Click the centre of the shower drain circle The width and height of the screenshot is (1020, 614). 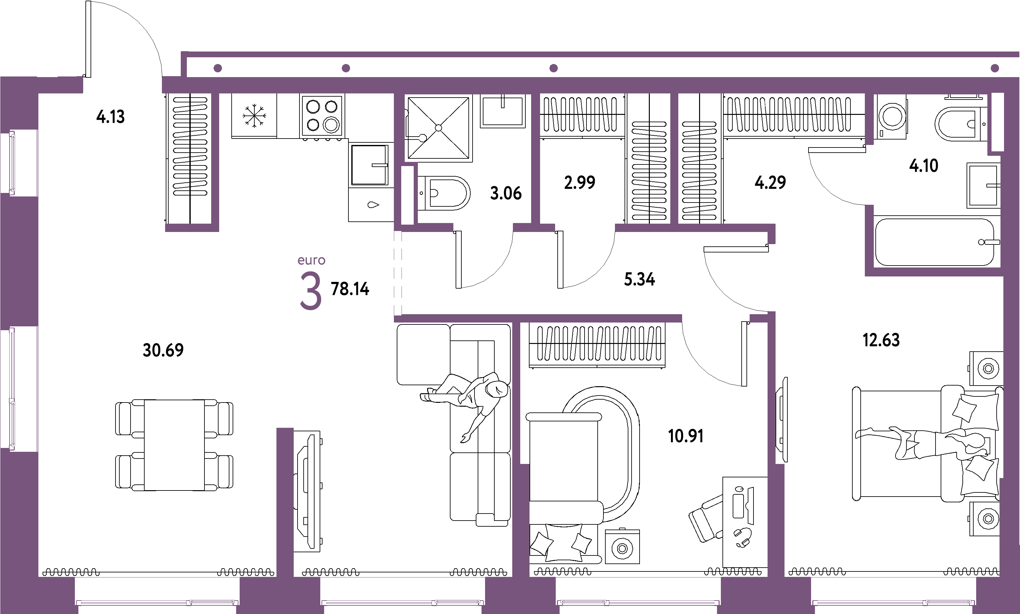pyautogui.click(x=438, y=128)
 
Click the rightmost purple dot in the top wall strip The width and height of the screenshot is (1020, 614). pyautogui.click(x=995, y=68)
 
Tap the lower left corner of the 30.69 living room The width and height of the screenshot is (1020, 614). pyautogui.click(x=39, y=576)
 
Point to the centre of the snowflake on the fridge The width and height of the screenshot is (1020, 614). pyautogui.click(x=254, y=116)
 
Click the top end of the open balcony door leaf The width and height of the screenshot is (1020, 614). pyautogui.click(x=88, y=2)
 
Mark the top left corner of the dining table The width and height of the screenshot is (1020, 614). pyautogui.click(x=144, y=400)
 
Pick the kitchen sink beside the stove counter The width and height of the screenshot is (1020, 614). pyautogui.click(x=370, y=165)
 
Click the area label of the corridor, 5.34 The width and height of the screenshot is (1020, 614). pyautogui.click(x=640, y=279)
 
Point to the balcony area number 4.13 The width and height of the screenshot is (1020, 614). pyautogui.click(x=110, y=117)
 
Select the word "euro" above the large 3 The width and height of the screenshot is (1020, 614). pyautogui.click(x=311, y=260)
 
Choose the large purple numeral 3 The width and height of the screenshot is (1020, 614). pyautogui.click(x=311, y=291)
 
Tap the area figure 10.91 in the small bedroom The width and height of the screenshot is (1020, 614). pyautogui.click(x=686, y=436)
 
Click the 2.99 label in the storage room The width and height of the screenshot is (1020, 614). pyautogui.click(x=579, y=182)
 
